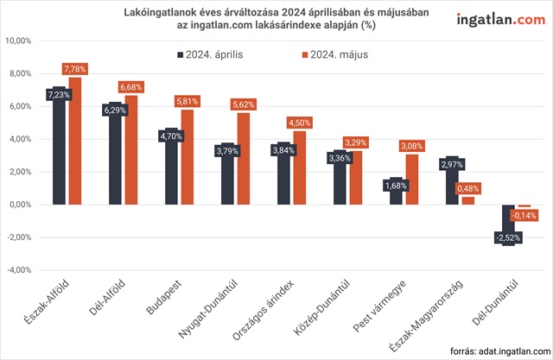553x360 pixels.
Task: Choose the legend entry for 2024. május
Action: click(x=334, y=54)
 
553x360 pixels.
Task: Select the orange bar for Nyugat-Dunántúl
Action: click(x=243, y=160)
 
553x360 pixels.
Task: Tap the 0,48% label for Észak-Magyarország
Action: click(x=467, y=187)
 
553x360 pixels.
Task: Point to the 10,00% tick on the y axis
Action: click(x=19, y=41)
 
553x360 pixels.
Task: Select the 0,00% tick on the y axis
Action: click(x=21, y=204)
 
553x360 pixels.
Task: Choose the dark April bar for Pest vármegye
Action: click(x=396, y=191)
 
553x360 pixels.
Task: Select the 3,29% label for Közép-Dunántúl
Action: click(x=356, y=142)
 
